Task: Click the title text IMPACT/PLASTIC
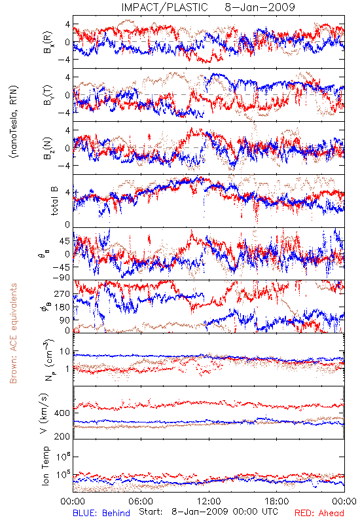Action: coord(165,7)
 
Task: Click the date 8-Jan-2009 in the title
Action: coord(260,7)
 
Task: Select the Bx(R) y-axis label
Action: coord(48,42)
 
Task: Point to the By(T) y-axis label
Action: coord(48,95)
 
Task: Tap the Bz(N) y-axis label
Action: coord(48,148)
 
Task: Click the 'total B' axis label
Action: coord(54,201)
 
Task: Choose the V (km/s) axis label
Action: coord(44,413)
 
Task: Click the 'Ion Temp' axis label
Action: coord(45,466)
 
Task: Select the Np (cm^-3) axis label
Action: coord(48,360)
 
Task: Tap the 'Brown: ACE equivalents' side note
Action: coord(13,333)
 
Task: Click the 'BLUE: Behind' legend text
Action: coord(101,513)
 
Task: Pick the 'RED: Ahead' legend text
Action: coord(319,513)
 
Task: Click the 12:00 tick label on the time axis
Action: coord(209,501)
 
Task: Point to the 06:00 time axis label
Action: coord(141,501)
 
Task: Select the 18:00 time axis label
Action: coord(277,501)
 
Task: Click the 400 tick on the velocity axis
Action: coord(62,413)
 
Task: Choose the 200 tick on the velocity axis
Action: coord(62,436)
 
